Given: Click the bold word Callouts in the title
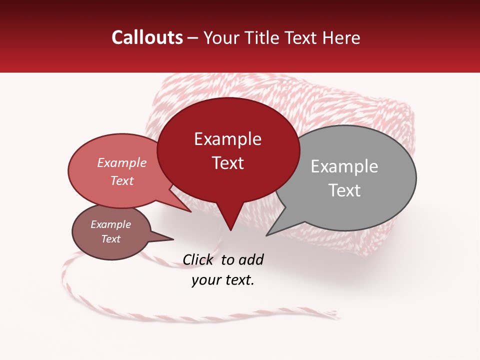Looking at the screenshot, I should point(147,37).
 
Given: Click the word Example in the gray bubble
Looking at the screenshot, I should point(344,166).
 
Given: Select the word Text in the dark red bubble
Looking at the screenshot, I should point(228,163).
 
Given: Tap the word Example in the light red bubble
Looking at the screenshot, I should point(122,162).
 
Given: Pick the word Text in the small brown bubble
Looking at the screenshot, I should point(111,239).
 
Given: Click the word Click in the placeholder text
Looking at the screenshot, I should point(198,259).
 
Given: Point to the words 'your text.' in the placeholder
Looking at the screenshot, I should point(223,280).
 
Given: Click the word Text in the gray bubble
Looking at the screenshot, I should point(344,190).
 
